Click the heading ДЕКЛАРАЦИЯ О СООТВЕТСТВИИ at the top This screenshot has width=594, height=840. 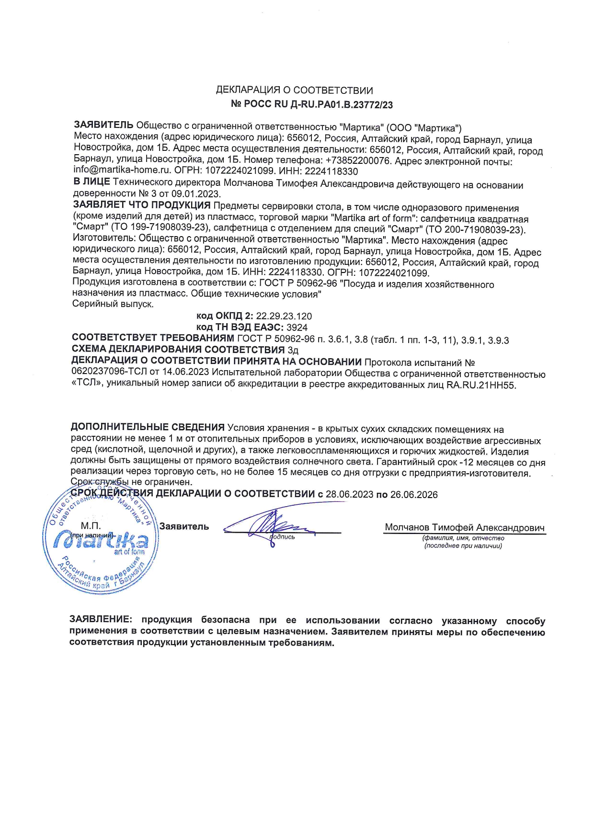294,90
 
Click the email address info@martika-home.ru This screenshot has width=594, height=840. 122,170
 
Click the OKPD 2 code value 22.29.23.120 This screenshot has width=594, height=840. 284,317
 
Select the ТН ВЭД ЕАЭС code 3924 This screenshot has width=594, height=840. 297,328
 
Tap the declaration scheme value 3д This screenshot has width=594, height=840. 293,351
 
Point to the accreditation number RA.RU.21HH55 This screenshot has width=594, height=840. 481,385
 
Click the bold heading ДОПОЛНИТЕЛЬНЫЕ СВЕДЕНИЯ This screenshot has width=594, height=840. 148,428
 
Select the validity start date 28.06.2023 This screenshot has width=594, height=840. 349,495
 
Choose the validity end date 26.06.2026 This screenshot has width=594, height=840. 414,495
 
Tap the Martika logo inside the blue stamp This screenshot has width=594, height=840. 101,541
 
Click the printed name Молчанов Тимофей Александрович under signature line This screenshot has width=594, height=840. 465,527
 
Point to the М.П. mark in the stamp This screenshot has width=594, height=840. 91,526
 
